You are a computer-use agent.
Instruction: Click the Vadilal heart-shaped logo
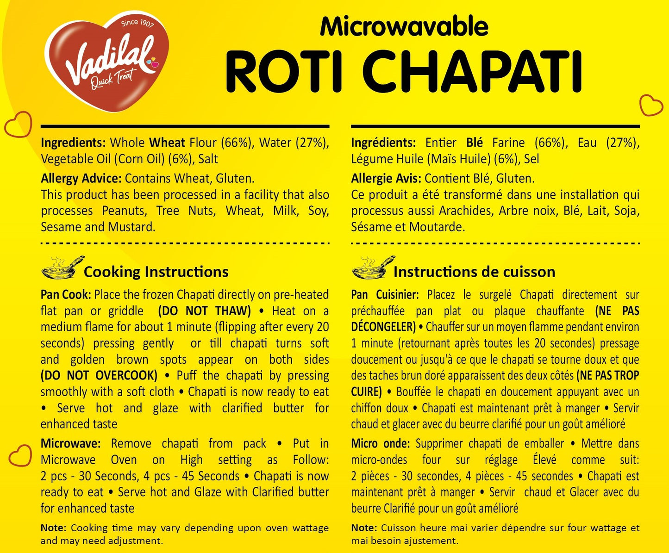click(x=106, y=62)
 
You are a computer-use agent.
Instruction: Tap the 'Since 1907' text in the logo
click(x=138, y=23)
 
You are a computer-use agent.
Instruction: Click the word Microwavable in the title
click(x=404, y=26)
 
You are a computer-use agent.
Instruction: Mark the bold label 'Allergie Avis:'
click(x=386, y=178)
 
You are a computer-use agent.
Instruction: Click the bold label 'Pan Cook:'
click(x=66, y=295)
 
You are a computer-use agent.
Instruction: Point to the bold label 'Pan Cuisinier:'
click(x=385, y=295)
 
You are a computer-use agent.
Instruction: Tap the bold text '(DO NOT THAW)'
click(x=204, y=311)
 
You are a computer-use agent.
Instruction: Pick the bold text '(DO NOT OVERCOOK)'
click(x=99, y=375)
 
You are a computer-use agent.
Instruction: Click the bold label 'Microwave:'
click(x=70, y=443)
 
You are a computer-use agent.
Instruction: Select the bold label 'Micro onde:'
click(x=380, y=443)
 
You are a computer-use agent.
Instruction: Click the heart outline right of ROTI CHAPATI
click(x=650, y=105)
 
